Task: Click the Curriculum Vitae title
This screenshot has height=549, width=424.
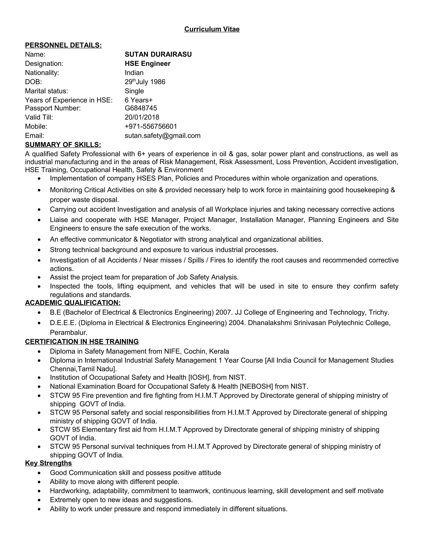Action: coord(212,29)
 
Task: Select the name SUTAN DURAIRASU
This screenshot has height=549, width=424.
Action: coord(158,54)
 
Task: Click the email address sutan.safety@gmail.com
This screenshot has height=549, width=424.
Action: coord(163,136)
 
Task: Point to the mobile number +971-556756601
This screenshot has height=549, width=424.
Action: coord(151,126)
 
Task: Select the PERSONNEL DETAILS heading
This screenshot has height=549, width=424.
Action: coord(63,45)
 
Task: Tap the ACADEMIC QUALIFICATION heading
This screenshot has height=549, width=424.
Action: coord(73,303)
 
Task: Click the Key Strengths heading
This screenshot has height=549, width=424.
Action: coord(48,463)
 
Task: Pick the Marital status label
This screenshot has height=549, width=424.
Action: coord(46,91)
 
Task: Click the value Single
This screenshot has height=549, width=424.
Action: coord(134,91)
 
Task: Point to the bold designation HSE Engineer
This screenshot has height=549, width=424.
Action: coord(147,64)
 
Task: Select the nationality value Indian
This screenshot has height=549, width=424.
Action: coord(134,73)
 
